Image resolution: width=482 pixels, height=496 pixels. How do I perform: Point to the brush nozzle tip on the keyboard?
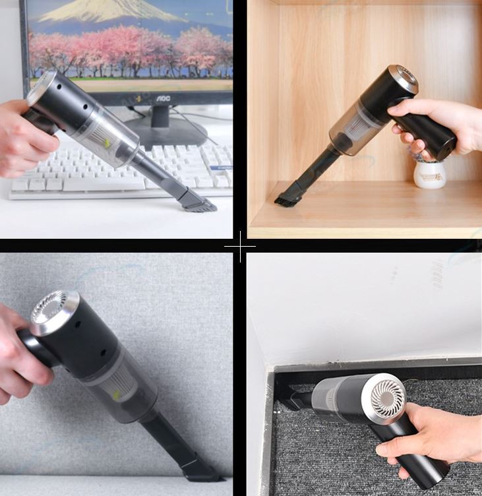pyautogui.click(x=198, y=203)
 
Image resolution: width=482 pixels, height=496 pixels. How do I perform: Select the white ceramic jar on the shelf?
pyautogui.click(x=429, y=175)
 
